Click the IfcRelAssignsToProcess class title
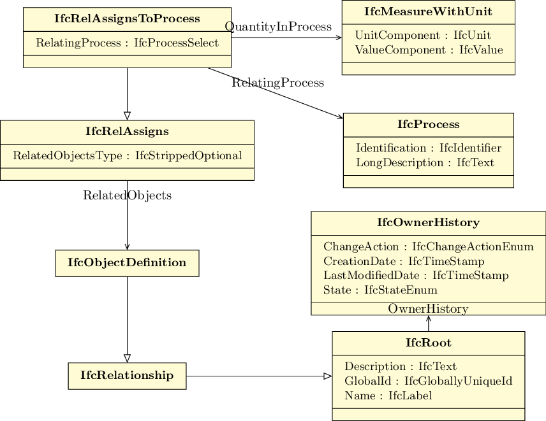tap(127, 18)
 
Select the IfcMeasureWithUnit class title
tap(428, 11)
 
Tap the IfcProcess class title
tap(428, 124)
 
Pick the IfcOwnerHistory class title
tap(428, 222)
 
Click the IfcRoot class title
tap(428, 343)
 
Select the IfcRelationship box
tap(127, 376)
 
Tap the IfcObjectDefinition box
tap(127, 263)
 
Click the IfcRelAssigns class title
tap(127, 131)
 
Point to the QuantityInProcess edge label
tap(278, 27)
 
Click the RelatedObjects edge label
tap(127, 196)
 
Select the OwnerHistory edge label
tap(428, 309)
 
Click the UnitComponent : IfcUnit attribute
tap(423, 36)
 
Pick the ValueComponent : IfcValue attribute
tap(429, 50)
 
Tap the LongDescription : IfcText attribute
tap(425, 162)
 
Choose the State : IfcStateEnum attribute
tap(380, 290)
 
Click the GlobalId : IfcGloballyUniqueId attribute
tap(428, 381)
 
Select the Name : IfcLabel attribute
tap(388, 396)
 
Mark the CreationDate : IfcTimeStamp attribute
tap(404, 261)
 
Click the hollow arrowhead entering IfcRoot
tap(328, 376)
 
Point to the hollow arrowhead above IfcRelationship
tap(127, 359)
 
